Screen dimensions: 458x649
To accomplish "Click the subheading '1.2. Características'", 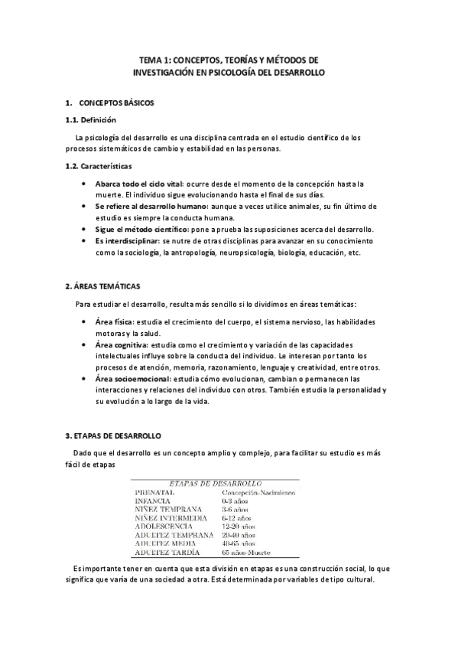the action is pyautogui.click(x=99, y=166).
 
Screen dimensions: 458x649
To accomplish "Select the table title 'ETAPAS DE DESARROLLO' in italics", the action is pyautogui.click(x=215, y=484).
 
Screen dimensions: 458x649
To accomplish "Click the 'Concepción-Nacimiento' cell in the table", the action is pyautogui.click(x=258, y=493).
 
